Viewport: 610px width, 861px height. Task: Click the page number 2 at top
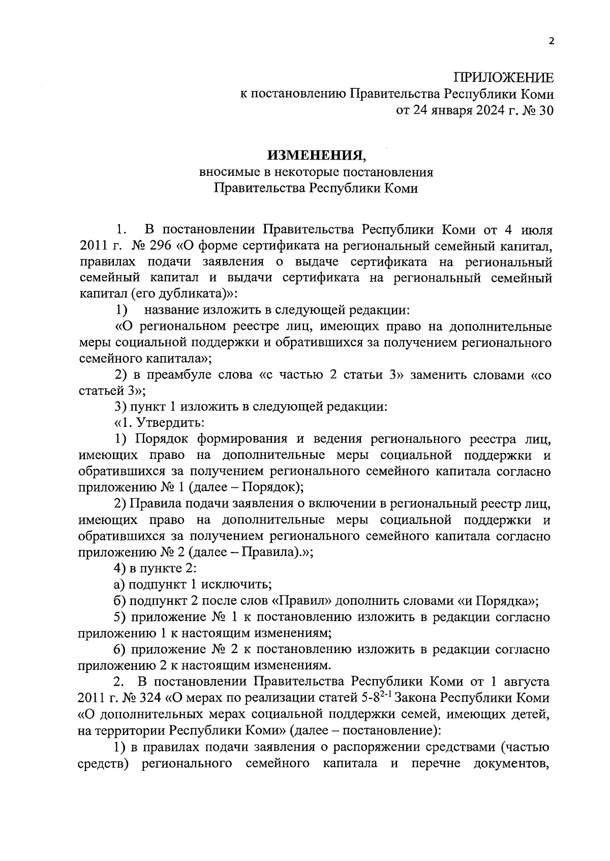click(551, 42)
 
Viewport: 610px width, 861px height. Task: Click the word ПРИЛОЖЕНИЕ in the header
click(503, 78)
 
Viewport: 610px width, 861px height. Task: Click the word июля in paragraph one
click(535, 230)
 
